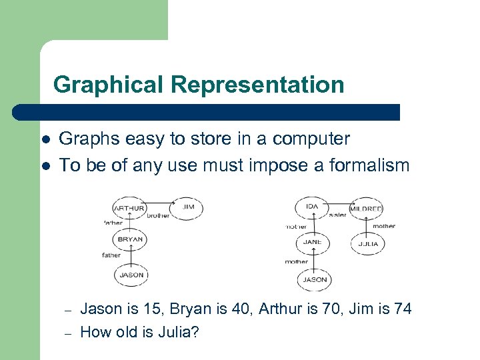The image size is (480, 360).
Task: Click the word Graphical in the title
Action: [109, 85]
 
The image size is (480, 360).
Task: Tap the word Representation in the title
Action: [257, 85]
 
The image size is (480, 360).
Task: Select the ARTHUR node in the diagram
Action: [130, 209]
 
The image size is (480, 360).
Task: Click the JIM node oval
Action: [188, 208]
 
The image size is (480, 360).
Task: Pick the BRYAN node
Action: [131, 239]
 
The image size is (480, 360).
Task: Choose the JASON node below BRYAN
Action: [131, 275]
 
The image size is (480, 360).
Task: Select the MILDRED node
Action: [366, 209]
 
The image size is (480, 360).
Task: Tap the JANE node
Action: [312, 243]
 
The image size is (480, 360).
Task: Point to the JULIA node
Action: [367, 243]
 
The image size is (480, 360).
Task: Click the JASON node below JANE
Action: [315, 279]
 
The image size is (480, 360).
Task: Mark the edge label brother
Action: [157, 216]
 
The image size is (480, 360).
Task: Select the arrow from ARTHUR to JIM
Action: [160, 202]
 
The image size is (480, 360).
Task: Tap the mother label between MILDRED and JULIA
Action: [384, 226]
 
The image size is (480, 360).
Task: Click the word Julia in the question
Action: [177, 331]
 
